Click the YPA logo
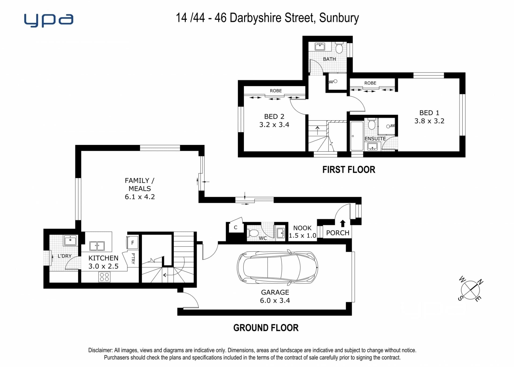[48, 20]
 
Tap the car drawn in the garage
[277, 267]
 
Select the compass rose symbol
[470, 290]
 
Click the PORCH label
[338, 233]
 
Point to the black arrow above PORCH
[343, 223]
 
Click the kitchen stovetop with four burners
[104, 277]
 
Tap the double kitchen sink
[97, 246]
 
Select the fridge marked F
[133, 243]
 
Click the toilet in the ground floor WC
[252, 233]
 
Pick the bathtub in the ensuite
[357, 136]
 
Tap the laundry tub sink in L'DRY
[70, 240]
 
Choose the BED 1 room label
[429, 113]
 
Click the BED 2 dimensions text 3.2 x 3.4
[274, 125]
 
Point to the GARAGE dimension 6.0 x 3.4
[275, 301]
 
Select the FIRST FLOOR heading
[349, 170]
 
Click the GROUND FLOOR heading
[266, 328]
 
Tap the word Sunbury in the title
[339, 18]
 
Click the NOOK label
[302, 228]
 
